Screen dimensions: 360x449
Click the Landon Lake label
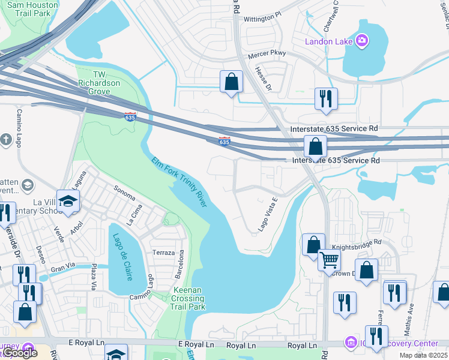click(330, 41)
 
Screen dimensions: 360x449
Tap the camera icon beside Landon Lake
click(362, 41)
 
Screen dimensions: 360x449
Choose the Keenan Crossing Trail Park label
click(189, 298)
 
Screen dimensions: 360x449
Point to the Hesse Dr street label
click(264, 79)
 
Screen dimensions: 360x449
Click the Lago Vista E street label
click(267, 215)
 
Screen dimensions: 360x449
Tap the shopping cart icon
click(329, 260)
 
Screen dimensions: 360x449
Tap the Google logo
click(20, 353)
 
